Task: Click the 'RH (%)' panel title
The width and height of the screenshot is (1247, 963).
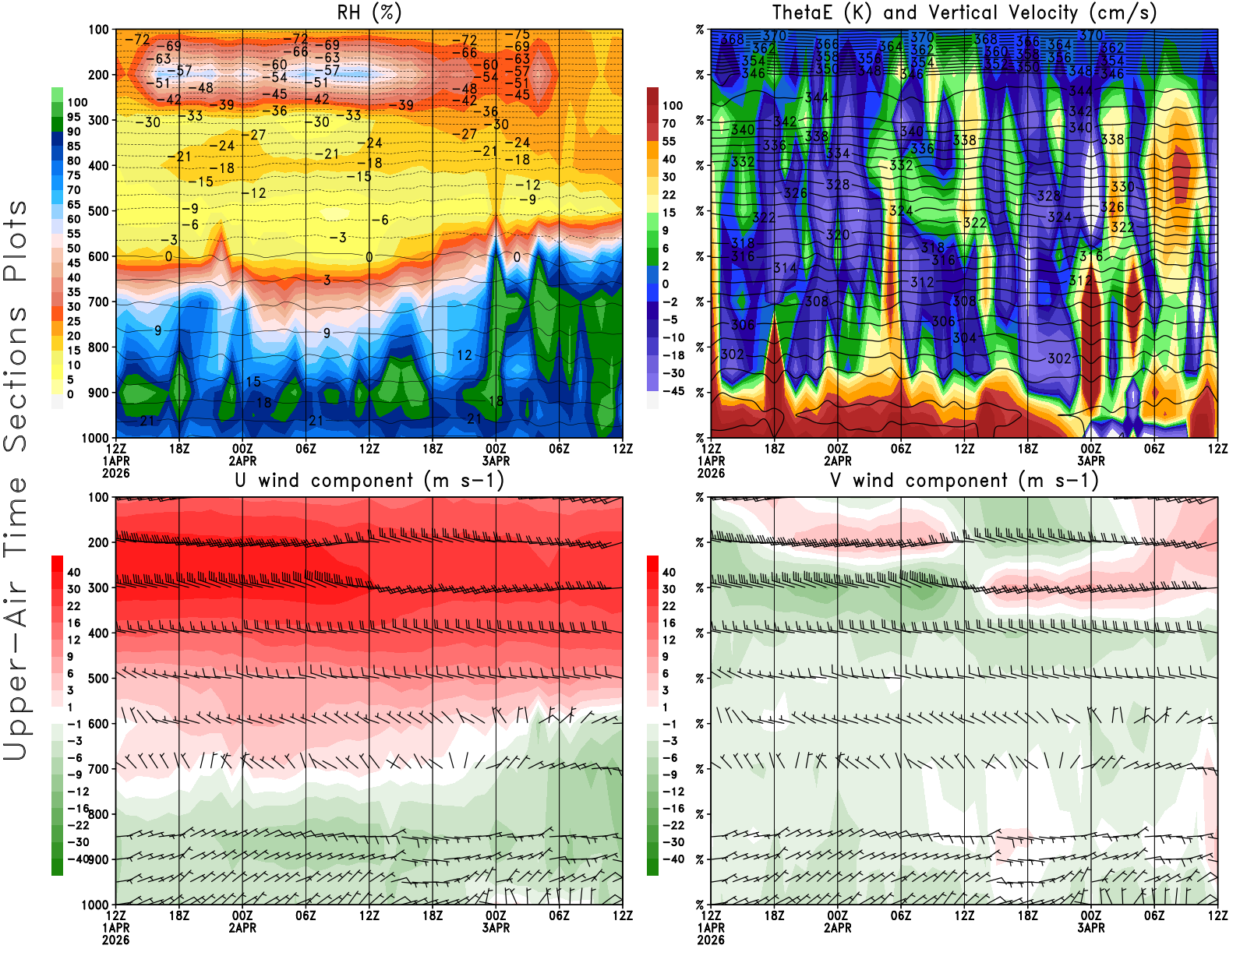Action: point(369,12)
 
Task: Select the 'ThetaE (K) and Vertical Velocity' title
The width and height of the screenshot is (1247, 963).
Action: point(964,12)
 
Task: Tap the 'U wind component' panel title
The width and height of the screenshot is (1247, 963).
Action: point(369,480)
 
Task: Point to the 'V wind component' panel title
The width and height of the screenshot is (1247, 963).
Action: point(964,480)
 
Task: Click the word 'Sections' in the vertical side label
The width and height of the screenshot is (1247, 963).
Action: point(16,379)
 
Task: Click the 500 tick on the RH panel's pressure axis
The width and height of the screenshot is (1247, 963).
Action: point(98,211)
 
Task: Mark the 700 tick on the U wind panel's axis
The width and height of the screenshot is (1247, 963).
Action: point(98,769)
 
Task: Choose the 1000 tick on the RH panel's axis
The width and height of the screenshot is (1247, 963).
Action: point(95,438)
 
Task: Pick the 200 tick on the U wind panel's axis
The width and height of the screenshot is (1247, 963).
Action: point(98,542)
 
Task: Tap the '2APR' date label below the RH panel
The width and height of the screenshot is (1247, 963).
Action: point(242,460)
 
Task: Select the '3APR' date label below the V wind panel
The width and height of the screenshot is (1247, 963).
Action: point(1091,928)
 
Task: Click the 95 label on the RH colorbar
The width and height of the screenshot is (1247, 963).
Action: point(74,117)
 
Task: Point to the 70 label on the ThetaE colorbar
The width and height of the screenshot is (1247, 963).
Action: point(669,123)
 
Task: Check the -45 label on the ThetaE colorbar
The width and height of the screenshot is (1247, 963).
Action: point(672,391)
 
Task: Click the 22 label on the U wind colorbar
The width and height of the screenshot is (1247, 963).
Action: point(74,606)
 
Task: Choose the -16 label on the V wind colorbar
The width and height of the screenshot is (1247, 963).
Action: point(672,809)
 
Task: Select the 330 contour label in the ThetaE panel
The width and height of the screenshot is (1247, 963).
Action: point(1122,187)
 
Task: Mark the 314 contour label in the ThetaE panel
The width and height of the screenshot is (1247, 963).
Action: point(785,268)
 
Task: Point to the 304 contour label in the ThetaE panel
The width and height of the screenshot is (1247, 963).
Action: point(964,338)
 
